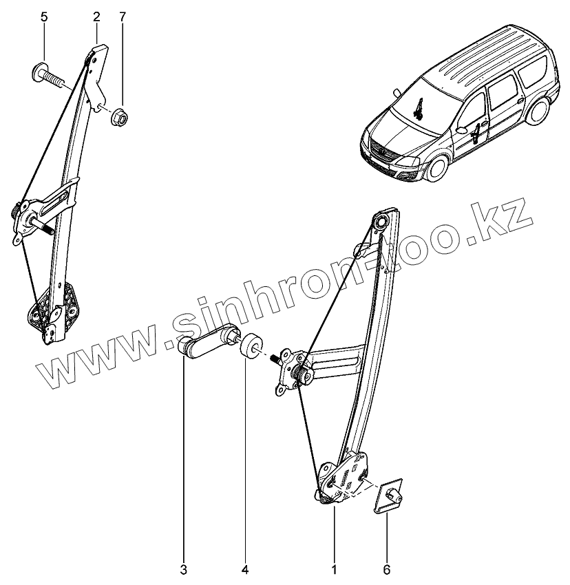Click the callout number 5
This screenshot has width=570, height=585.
(x=44, y=17)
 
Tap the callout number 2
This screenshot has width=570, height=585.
(x=96, y=17)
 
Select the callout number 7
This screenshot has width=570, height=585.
(x=123, y=17)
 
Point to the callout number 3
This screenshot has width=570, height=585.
(x=184, y=569)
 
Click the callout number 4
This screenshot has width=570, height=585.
(x=246, y=569)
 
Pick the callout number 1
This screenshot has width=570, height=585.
(x=334, y=569)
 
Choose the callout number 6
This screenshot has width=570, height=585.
(x=387, y=569)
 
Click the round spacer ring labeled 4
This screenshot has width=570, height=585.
(x=251, y=344)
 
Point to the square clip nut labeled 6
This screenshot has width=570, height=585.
(x=388, y=495)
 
